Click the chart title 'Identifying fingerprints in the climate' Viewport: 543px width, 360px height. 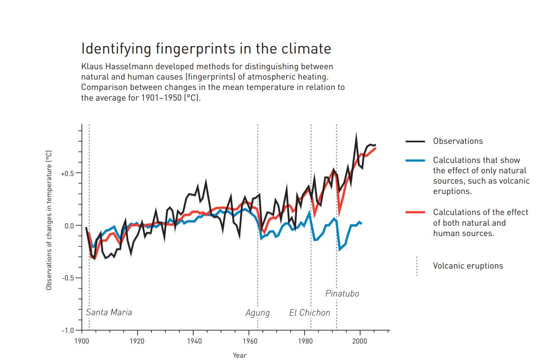pos(206,49)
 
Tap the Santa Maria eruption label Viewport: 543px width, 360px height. pos(109,312)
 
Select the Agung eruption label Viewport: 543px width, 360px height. pos(258,313)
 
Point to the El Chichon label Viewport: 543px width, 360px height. pos(310,313)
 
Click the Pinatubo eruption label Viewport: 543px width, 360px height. pos(342,293)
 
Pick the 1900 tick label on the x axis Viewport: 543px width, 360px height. pos(82,341)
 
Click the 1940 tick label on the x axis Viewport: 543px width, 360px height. pos(194,341)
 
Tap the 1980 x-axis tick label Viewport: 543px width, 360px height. pos(305,341)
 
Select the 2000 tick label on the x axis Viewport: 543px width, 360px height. pos(360,341)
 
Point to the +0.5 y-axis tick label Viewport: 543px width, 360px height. pos(67,174)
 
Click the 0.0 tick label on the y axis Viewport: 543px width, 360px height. pos(69,226)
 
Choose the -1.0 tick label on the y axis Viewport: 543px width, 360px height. pos(68,331)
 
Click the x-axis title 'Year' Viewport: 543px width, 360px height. pos(240,355)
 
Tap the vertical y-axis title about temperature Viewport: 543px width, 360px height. pos(49,220)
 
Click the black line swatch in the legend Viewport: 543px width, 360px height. pos(415,141)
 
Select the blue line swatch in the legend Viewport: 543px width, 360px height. pos(415,160)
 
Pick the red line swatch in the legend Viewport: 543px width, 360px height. pos(415,212)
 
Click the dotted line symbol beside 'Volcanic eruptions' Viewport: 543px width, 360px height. pos(417,266)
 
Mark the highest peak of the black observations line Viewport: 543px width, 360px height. pos(356,134)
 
